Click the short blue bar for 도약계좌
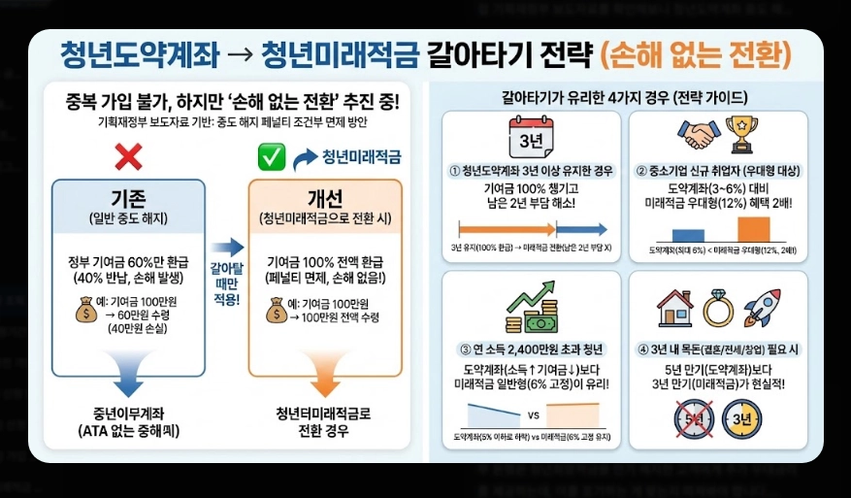tap(687, 235)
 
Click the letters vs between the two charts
tap(532, 415)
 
